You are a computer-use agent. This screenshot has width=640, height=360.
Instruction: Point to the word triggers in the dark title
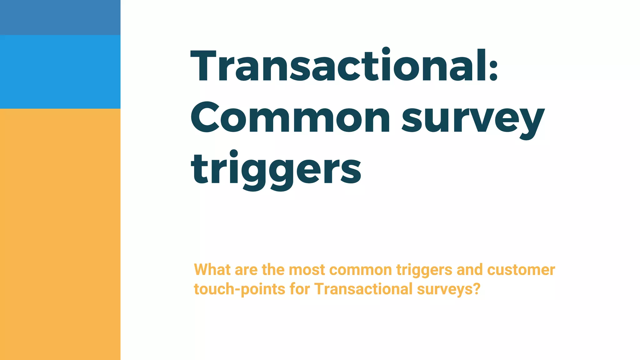276,169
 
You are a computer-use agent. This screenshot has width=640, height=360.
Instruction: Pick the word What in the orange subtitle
212,269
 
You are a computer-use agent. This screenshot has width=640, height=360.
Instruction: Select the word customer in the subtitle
521,270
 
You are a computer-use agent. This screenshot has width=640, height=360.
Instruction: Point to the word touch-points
239,289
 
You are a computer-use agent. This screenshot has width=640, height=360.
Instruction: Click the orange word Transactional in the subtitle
363,289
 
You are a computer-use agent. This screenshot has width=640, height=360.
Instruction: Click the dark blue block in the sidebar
60,17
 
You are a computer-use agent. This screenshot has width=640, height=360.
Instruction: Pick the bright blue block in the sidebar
60,72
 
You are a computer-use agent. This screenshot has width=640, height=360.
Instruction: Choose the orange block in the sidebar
60,234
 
